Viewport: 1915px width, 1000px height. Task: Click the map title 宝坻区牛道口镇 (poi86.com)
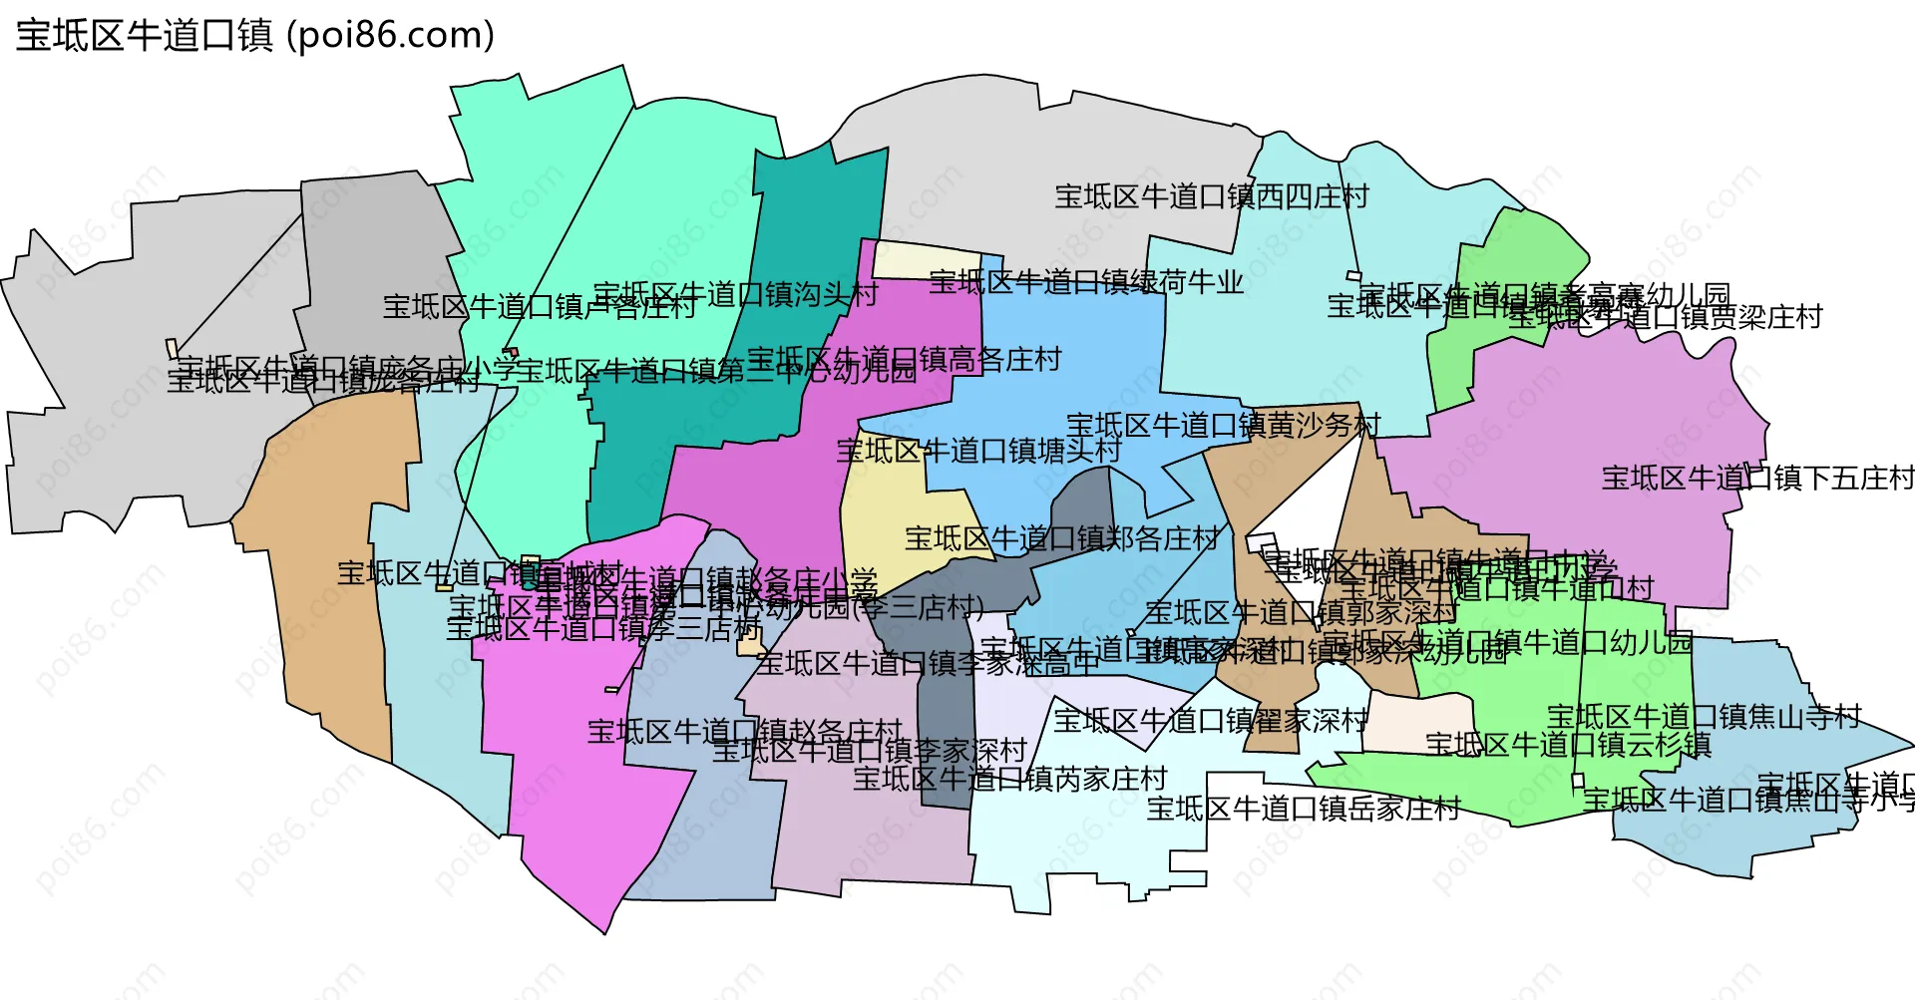click(255, 36)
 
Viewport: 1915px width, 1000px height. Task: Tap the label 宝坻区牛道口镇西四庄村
click(1212, 196)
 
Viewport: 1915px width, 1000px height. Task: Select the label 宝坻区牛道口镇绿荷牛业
click(1086, 282)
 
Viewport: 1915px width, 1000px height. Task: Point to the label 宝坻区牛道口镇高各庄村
click(905, 359)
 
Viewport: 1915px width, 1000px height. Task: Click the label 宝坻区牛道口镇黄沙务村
click(1224, 426)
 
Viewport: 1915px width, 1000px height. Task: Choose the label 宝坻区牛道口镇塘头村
click(978, 451)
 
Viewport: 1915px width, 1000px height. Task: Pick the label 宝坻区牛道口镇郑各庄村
click(1062, 539)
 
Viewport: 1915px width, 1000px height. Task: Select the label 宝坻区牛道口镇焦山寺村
click(1705, 717)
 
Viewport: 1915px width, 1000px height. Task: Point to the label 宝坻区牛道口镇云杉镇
click(1568, 745)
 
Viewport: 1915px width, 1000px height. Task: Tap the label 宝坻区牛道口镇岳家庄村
click(1304, 809)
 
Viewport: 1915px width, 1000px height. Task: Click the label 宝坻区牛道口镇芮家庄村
click(1010, 779)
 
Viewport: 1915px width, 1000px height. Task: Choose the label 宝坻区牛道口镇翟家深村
click(1211, 720)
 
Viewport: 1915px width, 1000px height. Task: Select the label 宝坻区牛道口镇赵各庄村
click(744, 732)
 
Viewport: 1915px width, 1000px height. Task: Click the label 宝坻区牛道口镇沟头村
click(736, 294)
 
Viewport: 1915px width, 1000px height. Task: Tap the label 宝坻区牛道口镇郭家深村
click(1302, 612)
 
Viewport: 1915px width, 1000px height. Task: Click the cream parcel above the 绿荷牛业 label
click(926, 259)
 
